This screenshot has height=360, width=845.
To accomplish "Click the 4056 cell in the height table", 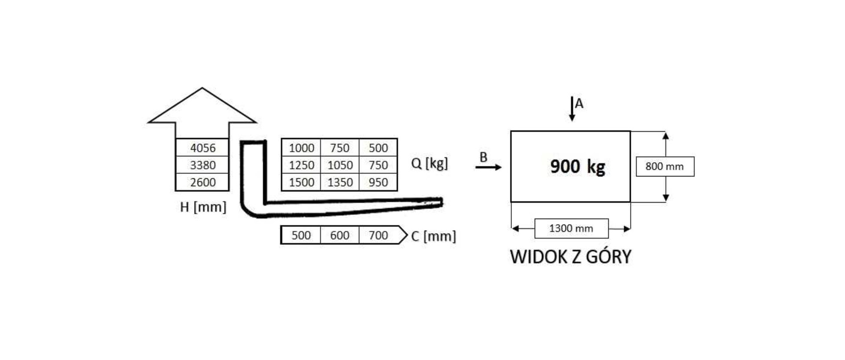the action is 202,148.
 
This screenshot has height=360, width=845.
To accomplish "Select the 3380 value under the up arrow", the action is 202,165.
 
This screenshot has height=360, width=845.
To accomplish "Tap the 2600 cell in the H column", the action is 202,182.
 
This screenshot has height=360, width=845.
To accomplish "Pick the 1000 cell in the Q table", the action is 301,148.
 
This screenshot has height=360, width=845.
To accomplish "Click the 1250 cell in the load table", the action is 301,165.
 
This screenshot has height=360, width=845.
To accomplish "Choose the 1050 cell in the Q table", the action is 340,165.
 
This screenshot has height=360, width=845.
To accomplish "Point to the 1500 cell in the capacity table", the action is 301,182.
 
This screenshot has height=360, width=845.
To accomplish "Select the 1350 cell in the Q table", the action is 340,182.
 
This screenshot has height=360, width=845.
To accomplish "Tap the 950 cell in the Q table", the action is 378,182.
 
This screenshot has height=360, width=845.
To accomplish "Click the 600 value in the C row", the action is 340,235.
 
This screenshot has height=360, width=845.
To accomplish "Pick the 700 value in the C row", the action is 378,235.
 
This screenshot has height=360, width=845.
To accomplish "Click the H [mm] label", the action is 203,207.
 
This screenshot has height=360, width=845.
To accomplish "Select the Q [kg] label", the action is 429,163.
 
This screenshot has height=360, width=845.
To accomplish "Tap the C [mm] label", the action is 433,236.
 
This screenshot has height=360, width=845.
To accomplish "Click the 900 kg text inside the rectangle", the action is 577,167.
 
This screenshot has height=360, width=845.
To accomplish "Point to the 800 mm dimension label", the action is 665,166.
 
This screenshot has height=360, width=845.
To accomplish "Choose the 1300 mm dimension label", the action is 571,228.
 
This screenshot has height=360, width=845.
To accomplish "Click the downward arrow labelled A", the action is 572,109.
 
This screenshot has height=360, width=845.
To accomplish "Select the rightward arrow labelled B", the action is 489,167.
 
